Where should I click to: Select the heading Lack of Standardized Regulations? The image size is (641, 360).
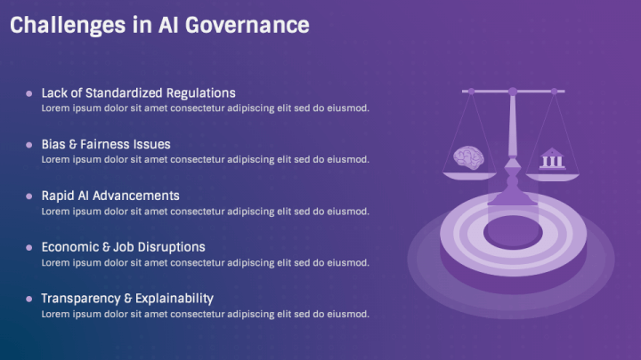(138, 92)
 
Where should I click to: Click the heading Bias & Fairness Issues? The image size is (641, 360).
(106, 144)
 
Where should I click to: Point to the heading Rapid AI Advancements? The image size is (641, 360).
(110, 196)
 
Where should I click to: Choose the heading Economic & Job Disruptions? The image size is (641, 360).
(123, 247)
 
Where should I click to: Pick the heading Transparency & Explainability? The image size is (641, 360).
(127, 299)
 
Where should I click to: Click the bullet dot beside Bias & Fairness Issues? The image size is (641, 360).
(29, 144)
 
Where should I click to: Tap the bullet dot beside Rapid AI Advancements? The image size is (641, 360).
(29, 196)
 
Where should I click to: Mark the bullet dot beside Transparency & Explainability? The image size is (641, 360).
(29, 299)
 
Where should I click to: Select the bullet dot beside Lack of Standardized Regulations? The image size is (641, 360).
(29, 92)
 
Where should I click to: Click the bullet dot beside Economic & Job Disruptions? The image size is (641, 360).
(29, 247)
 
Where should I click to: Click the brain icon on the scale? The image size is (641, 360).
(467, 157)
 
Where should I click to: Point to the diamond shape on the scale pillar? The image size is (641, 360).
(512, 167)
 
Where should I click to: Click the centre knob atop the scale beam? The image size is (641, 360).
(512, 90)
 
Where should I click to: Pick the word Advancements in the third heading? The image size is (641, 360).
(137, 196)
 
